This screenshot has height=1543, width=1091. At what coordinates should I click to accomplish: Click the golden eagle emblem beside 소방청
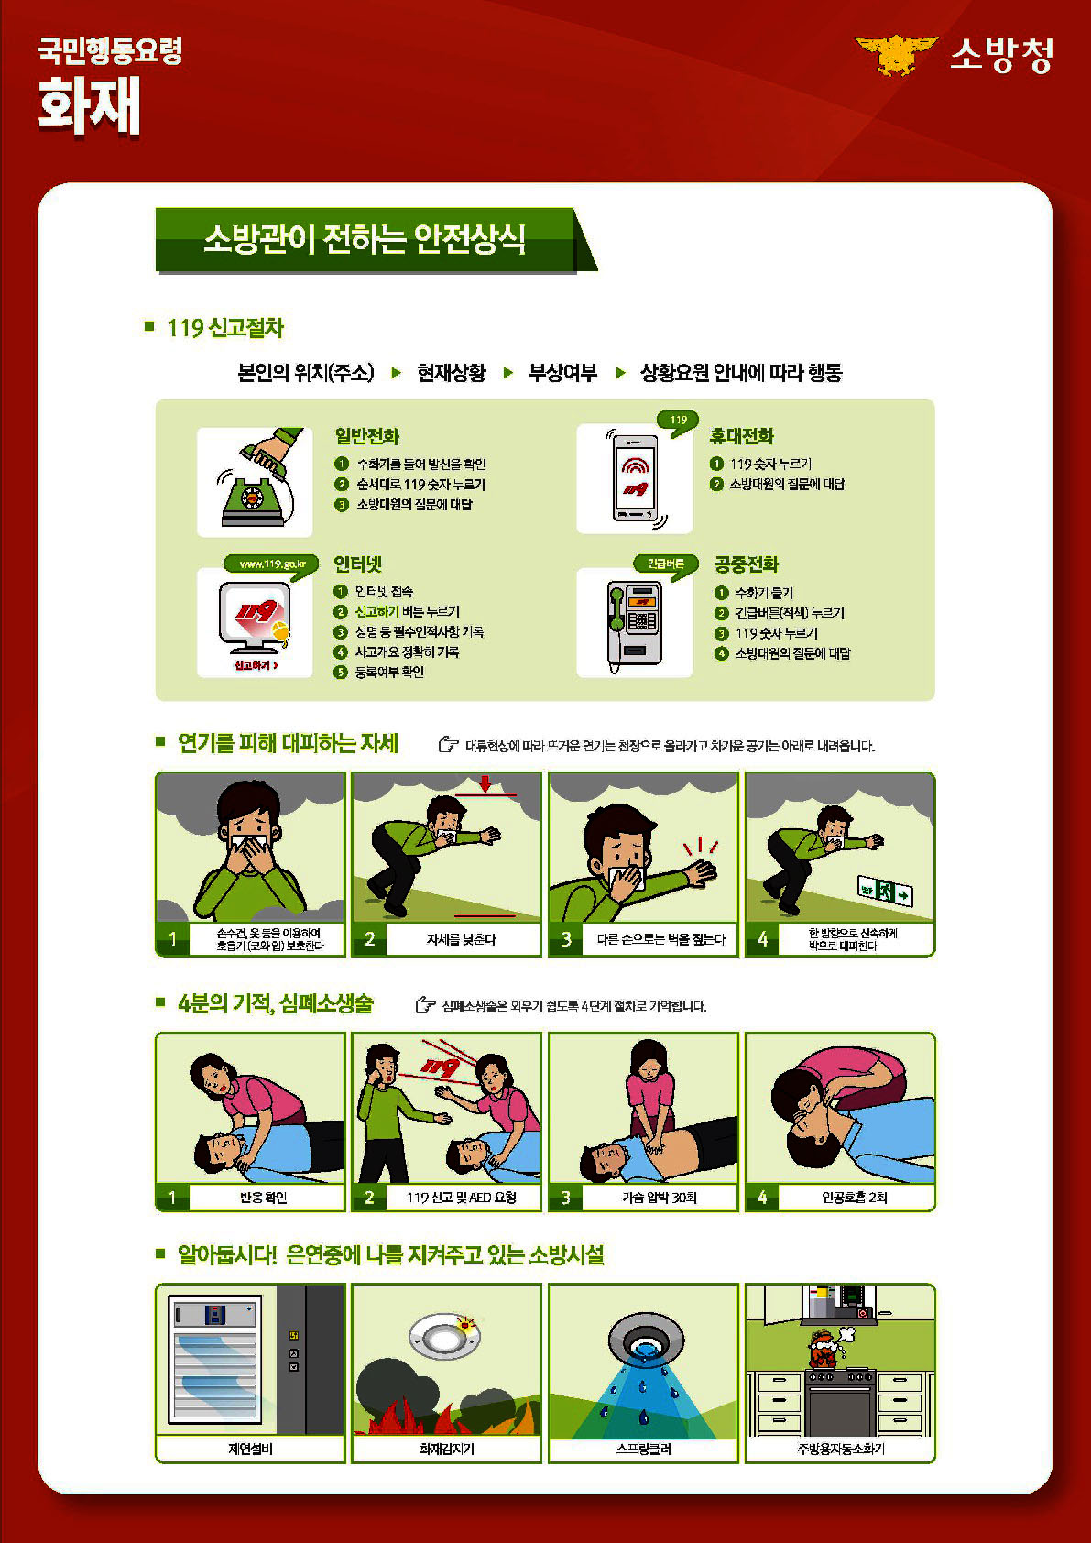pos(896,54)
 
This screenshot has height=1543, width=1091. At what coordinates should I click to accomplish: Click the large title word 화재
pos(89,106)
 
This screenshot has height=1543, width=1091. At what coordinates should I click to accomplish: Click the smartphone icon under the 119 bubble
pos(635,477)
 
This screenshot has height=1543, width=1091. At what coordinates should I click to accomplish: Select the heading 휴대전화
pos(742,436)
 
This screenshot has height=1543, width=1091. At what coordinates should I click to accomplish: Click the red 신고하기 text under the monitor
pos(256,664)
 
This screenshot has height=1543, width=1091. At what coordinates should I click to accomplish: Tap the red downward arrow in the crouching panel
pos(485,783)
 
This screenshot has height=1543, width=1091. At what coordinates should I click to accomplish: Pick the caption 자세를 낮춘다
pos(461,939)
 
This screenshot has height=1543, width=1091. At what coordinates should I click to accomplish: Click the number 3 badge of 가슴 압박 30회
pos(565,1198)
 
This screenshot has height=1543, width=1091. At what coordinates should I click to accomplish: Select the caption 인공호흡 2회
pos(854,1198)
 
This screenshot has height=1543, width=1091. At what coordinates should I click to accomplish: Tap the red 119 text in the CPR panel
pos(440,1067)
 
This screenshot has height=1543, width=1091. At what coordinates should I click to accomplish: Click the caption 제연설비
pos(251,1448)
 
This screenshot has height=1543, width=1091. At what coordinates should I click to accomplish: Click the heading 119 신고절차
pos(225,328)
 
